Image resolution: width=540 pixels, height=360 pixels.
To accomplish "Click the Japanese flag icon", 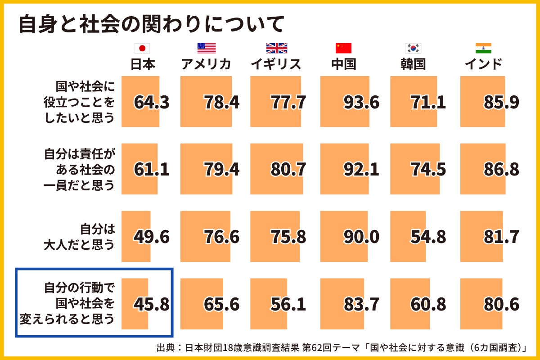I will tap(142, 49).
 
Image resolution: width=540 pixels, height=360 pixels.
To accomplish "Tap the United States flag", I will tap(207, 49).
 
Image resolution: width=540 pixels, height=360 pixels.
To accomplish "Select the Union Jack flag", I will tap(276, 49).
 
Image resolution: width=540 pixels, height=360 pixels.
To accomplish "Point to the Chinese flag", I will tap(343, 49).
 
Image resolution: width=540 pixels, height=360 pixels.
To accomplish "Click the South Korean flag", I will tap(413, 49).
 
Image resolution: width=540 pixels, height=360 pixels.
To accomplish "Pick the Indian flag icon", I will tap(483, 49).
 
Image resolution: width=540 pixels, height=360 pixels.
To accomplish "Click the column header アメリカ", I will tap(206, 64).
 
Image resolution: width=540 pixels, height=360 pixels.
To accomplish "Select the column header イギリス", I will tap(276, 64).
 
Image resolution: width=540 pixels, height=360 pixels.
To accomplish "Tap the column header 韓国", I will tap(413, 64).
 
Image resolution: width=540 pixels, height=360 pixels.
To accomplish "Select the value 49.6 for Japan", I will tap(151, 237).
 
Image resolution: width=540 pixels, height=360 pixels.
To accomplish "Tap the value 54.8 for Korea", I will tap(428, 237).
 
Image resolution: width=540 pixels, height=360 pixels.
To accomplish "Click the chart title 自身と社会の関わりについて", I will tap(151, 25).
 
